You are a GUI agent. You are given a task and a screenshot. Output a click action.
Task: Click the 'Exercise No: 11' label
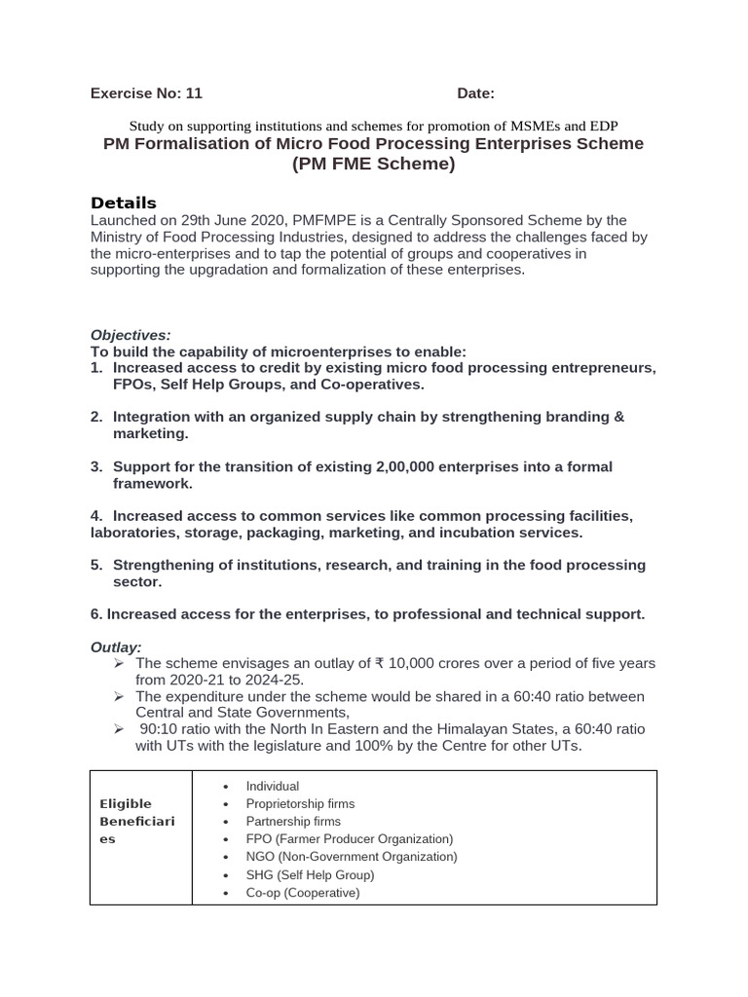point(146,93)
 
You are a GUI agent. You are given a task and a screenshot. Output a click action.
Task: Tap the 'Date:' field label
point(475,93)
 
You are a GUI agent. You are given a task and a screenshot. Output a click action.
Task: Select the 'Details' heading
point(124,203)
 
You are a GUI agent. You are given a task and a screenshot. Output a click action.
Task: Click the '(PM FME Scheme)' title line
point(373,165)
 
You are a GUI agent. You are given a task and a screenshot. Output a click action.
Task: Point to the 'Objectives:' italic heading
point(131,334)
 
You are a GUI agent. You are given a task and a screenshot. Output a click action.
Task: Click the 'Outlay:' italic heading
point(116,646)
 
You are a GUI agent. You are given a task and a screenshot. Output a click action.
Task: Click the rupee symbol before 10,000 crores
point(379,663)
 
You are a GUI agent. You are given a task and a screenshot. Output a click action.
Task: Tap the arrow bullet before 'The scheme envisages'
point(118,663)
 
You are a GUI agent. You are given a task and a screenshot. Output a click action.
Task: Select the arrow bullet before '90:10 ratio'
point(118,729)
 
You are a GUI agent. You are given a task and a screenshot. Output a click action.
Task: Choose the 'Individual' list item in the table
point(273,786)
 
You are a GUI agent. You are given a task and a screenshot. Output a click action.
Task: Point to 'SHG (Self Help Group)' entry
point(310,874)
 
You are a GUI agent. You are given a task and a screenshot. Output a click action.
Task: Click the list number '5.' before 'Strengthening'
point(96,565)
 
